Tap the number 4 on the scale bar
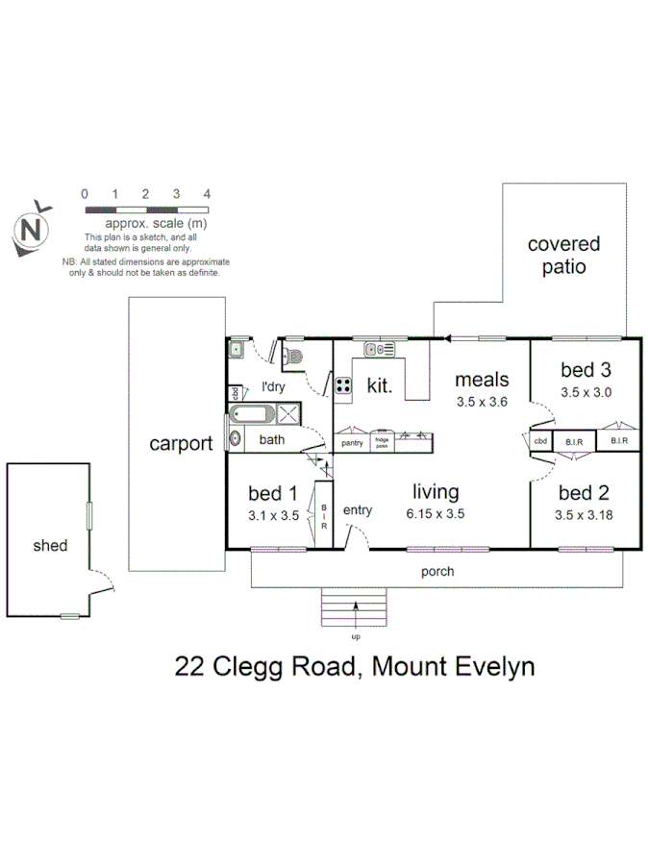pyautogui.click(x=208, y=194)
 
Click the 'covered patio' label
pyautogui.click(x=563, y=256)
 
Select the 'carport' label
pyautogui.click(x=181, y=444)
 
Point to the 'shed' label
pyautogui.click(x=50, y=545)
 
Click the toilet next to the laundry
pyautogui.click(x=293, y=358)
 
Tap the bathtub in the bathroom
pyautogui.click(x=253, y=417)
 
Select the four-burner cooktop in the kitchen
pyautogui.click(x=343, y=385)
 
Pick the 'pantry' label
pyautogui.click(x=352, y=443)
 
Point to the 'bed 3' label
pyautogui.click(x=586, y=370)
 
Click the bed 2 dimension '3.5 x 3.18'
pyautogui.click(x=586, y=514)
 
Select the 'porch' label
pyautogui.click(x=437, y=571)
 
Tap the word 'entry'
pyautogui.click(x=357, y=510)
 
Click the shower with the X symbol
pyautogui.click(x=287, y=415)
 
